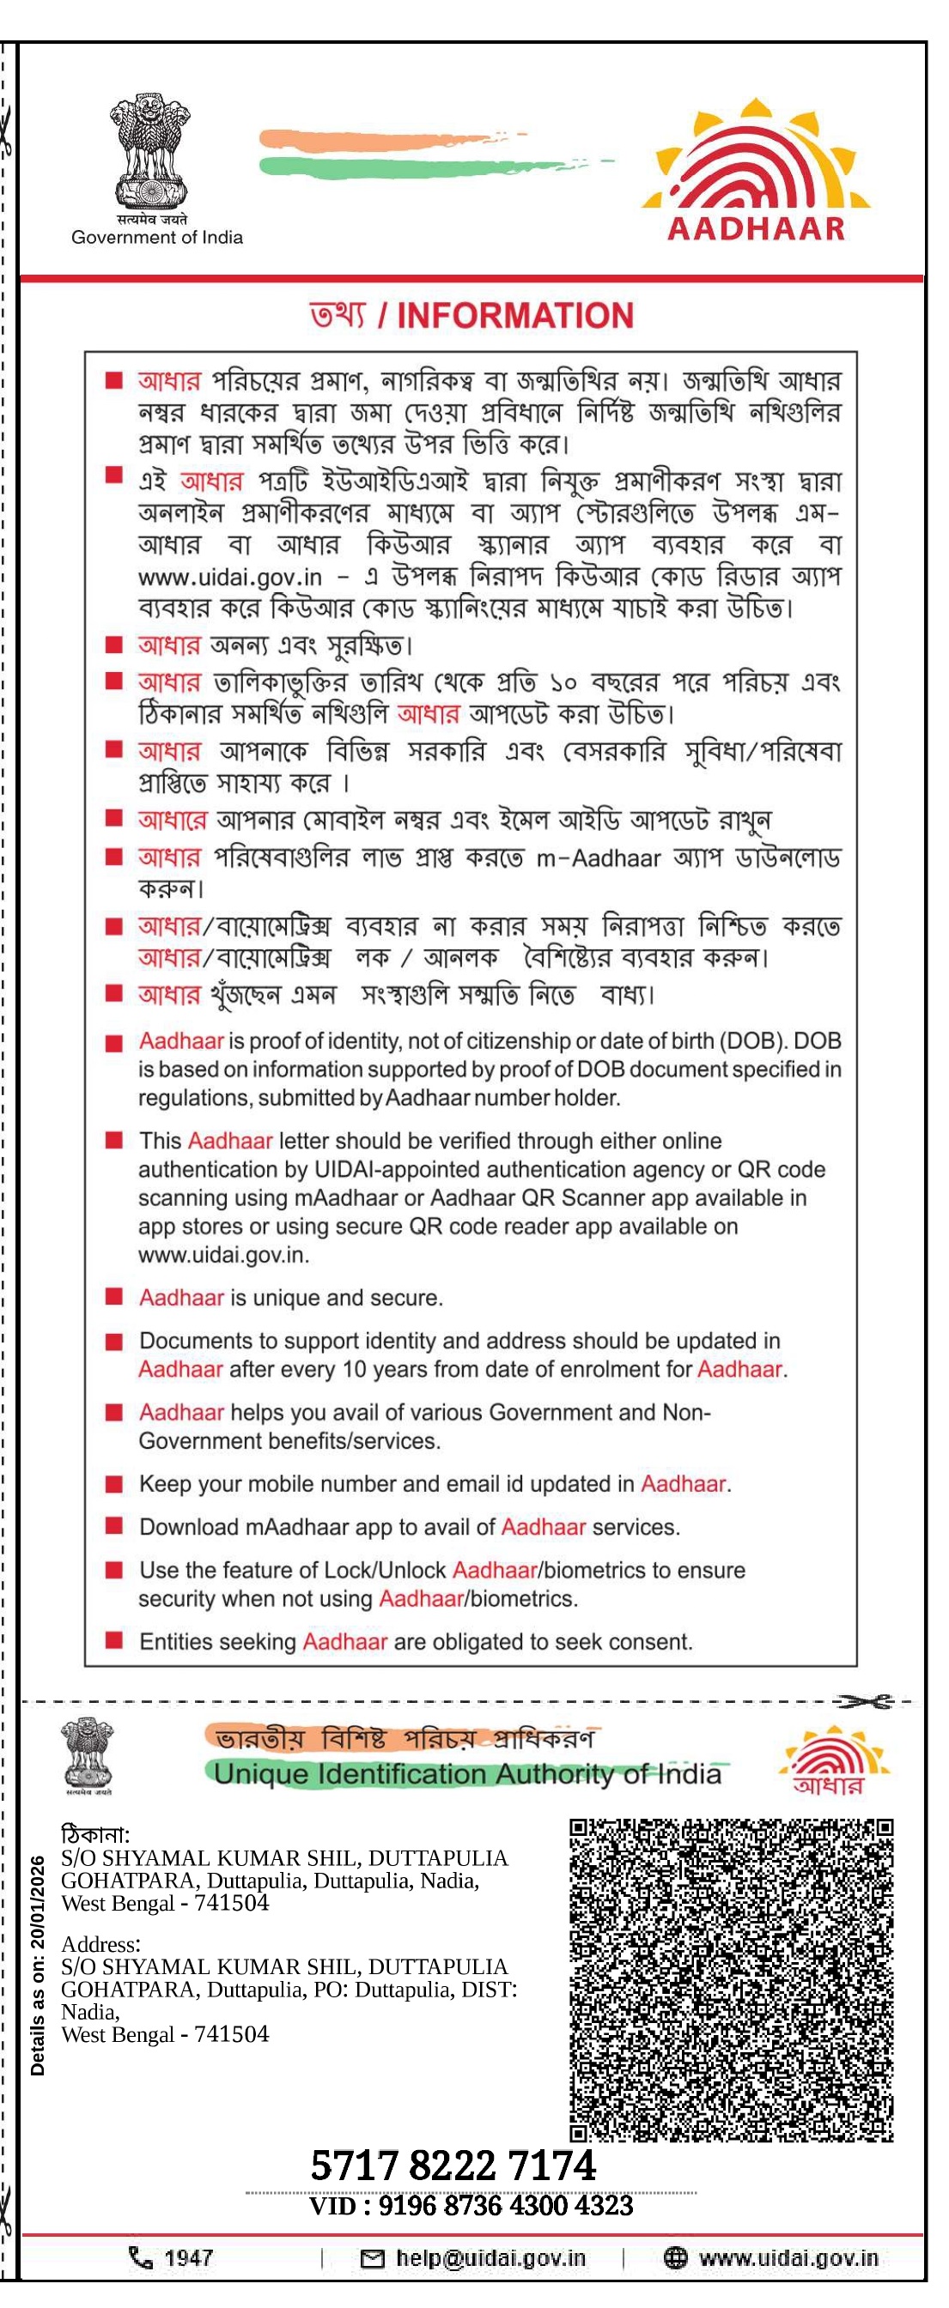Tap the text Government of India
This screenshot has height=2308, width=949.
pos(157,238)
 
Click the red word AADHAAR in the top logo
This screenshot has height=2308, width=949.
pos(757,228)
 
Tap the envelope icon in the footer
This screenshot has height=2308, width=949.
pos(372,2259)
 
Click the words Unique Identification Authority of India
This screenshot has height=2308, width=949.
pos(467,1774)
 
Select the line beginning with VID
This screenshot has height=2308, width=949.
pos(471,2205)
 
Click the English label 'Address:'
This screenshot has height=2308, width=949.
pos(100,1944)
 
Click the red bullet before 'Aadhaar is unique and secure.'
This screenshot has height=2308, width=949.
pos(114,1296)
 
